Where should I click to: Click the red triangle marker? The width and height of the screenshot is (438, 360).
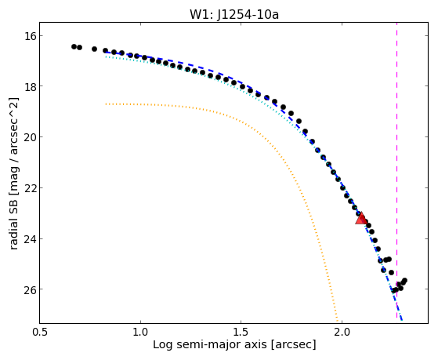[361, 219]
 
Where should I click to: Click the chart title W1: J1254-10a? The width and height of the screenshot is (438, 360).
[234, 15]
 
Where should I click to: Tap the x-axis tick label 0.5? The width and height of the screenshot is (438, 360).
[40, 332]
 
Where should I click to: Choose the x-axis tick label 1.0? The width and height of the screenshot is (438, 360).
[140, 332]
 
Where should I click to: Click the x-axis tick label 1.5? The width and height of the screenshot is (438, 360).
[241, 332]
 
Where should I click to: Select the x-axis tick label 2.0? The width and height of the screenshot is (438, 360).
[342, 332]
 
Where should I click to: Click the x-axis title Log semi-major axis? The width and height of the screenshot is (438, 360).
[210, 344]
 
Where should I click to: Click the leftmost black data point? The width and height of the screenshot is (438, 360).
[74, 46]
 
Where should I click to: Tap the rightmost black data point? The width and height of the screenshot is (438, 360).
[404, 280]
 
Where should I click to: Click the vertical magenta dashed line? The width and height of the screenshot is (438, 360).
[396, 170]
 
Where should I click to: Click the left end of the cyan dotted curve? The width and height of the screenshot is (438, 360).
[106, 56]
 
